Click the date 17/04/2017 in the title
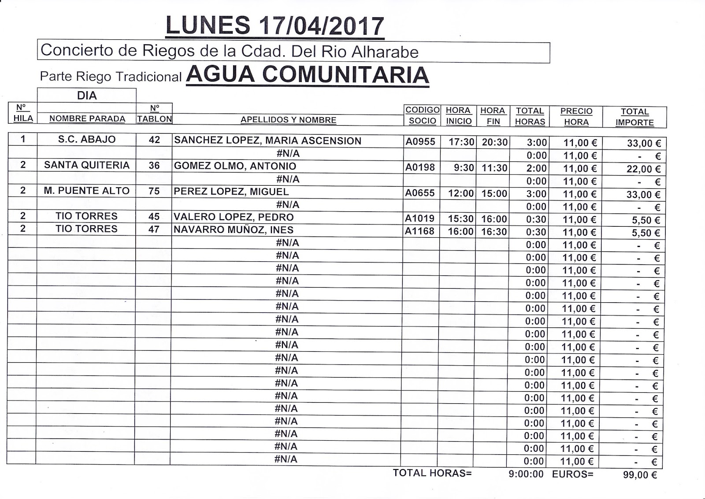[322, 26]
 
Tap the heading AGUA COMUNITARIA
[307, 75]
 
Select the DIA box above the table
[87, 96]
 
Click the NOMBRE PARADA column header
[87, 119]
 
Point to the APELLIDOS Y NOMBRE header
[288, 120]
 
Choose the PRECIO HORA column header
[576, 116]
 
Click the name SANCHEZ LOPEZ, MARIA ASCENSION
[267, 141]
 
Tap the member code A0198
[420, 167]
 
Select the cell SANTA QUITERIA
[87, 165]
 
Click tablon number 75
[154, 191]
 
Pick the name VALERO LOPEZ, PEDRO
[234, 217]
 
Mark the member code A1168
[420, 231]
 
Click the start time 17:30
[461, 142]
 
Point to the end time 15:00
[494, 194]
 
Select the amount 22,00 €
[643, 169]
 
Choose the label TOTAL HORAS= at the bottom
[432, 473]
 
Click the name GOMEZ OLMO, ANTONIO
[235, 166]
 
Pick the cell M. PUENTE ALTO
[87, 191]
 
